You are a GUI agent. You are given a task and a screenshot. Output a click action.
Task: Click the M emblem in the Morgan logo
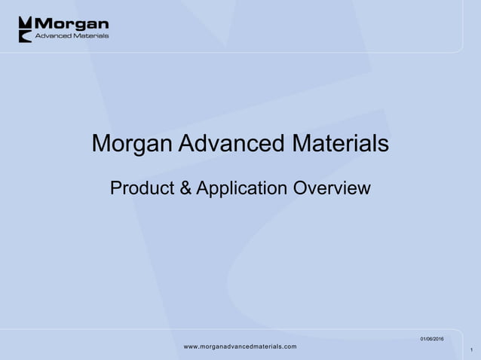26,29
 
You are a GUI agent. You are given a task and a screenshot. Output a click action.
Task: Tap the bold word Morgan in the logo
72,24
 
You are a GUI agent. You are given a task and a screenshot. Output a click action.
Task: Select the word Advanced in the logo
55,35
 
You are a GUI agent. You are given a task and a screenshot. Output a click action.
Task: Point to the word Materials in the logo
91,35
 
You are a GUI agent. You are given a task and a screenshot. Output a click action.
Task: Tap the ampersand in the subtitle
185,188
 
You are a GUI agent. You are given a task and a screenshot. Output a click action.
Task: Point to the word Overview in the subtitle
330,188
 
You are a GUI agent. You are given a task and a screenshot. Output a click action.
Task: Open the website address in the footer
240,346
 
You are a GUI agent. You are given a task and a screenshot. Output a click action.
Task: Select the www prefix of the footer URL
191,346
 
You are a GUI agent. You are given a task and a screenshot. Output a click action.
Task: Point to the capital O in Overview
296,188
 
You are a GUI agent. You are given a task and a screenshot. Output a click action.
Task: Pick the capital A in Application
201,188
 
